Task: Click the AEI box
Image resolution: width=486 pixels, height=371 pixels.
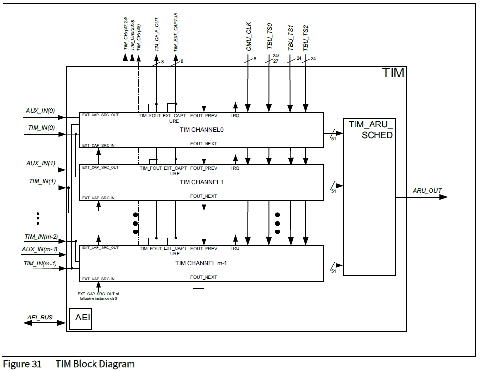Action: click(x=80, y=318)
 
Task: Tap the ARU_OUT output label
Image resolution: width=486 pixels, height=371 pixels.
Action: click(x=427, y=190)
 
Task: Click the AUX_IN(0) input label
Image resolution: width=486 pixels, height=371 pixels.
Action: click(x=40, y=111)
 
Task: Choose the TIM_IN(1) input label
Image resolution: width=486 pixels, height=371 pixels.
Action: click(x=42, y=181)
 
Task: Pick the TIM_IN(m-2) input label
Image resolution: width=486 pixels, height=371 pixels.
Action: click(x=41, y=237)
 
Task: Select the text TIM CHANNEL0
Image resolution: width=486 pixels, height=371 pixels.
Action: click(x=202, y=130)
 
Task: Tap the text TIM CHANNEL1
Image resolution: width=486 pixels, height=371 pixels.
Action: click(x=202, y=182)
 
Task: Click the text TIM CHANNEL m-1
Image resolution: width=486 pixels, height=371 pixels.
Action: click(x=202, y=263)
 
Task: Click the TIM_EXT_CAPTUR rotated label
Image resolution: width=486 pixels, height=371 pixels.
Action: click(x=176, y=33)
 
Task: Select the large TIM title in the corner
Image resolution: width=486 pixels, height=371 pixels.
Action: click(x=393, y=73)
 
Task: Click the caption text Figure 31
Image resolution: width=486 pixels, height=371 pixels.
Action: click(x=22, y=364)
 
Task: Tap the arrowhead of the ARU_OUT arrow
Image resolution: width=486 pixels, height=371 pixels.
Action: click(x=443, y=197)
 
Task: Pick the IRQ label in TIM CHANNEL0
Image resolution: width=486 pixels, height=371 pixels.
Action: click(x=235, y=116)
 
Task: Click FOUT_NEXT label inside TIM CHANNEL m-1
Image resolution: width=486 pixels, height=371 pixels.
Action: click(x=204, y=277)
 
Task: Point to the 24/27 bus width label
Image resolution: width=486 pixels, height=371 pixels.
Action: click(x=275, y=59)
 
